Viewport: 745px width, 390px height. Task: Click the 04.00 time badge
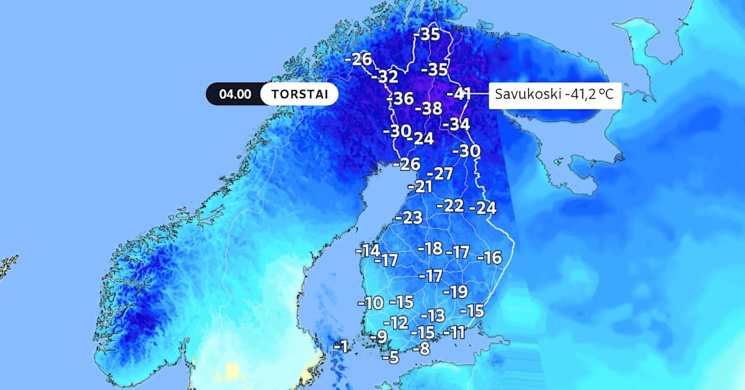pyautogui.click(x=235, y=94)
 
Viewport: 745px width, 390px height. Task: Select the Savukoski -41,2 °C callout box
pyautogui.click(x=555, y=95)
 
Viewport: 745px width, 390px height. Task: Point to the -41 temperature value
pyautogui.click(x=459, y=94)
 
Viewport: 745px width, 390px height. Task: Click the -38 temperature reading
pyautogui.click(x=428, y=109)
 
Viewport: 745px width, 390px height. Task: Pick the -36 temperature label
pyautogui.click(x=400, y=99)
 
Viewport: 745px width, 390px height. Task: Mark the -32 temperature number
pyautogui.click(x=384, y=77)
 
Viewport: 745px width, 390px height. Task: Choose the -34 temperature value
pyautogui.click(x=456, y=124)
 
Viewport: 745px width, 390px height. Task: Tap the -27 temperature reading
pyautogui.click(x=440, y=174)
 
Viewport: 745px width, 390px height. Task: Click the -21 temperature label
pyautogui.click(x=420, y=186)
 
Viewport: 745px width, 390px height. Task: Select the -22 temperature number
pyautogui.click(x=451, y=206)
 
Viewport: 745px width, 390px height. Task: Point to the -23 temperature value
pyautogui.click(x=409, y=218)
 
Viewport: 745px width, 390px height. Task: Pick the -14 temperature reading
pyautogui.click(x=367, y=251)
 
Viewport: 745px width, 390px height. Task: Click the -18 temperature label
pyautogui.click(x=430, y=249)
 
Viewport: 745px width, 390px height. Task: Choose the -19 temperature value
pyautogui.click(x=454, y=292)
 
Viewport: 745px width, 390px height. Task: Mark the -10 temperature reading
pyautogui.click(x=370, y=304)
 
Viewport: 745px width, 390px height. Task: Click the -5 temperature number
pyautogui.click(x=390, y=357)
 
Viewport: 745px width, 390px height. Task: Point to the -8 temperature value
pyautogui.click(x=422, y=349)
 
